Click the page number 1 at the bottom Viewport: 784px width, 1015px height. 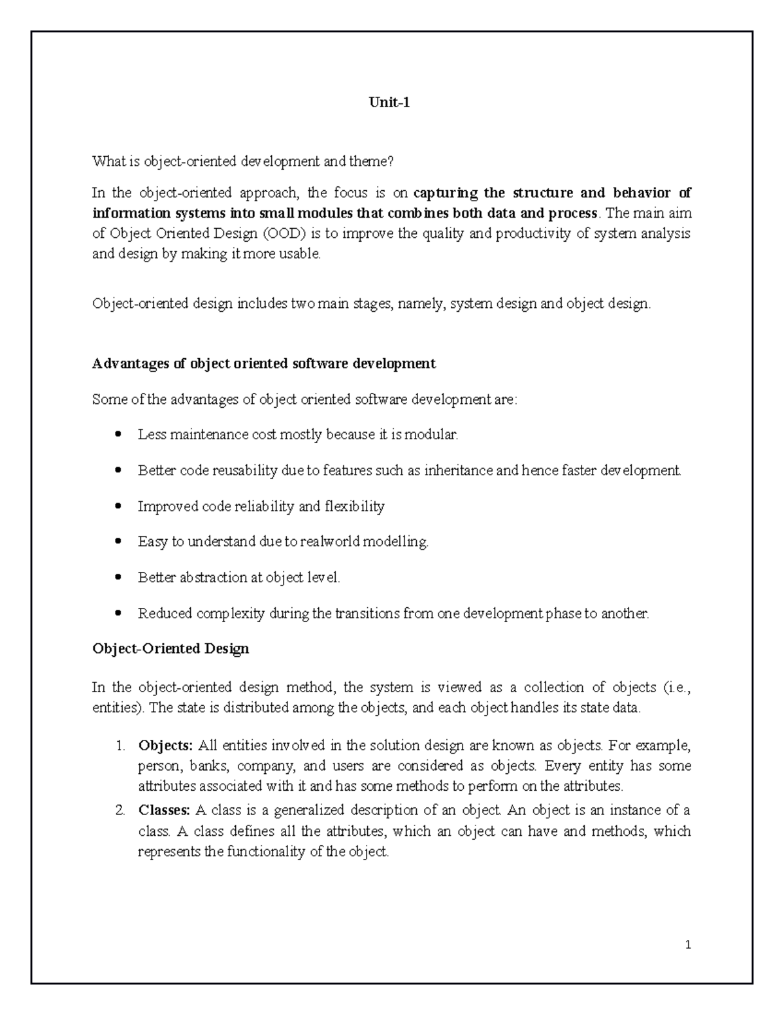pyautogui.click(x=688, y=944)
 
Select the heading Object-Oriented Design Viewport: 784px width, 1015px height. pyautogui.click(x=171, y=649)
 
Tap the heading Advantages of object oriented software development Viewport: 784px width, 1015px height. pyautogui.click(x=264, y=363)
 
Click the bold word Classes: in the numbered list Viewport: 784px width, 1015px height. pyautogui.click(x=164, y=810)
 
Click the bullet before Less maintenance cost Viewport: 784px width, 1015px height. pyautogui.click(x=118, y=435)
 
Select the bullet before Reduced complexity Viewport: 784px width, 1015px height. pyautogui.click(x=118, y=614)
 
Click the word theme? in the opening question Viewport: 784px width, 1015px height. pyautogui.click(x=374, y=161)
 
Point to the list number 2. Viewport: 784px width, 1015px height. pyautogui.click(x=120, y=810)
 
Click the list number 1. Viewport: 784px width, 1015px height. pyautogui.click(x=120, y=745)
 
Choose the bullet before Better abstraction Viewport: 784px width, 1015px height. pyautogui.click(x=118, y=578)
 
